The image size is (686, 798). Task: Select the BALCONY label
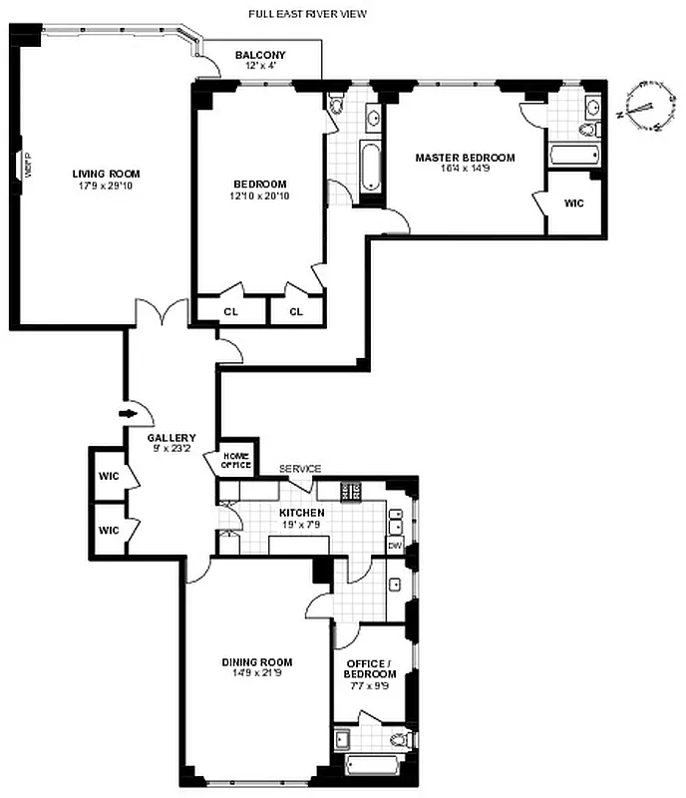coord(260,55)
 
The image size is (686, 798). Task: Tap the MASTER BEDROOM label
coord(465,158)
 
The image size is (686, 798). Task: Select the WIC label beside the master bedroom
coord(573,202)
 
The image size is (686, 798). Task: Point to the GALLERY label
coord(171,438)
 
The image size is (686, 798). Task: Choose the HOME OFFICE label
coord(235,460)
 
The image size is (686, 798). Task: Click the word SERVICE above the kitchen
coord(299,469)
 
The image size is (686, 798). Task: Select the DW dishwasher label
coord(394,546)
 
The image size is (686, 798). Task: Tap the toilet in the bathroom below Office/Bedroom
coord(401,740)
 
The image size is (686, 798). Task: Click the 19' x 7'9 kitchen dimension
coord(301,525)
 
